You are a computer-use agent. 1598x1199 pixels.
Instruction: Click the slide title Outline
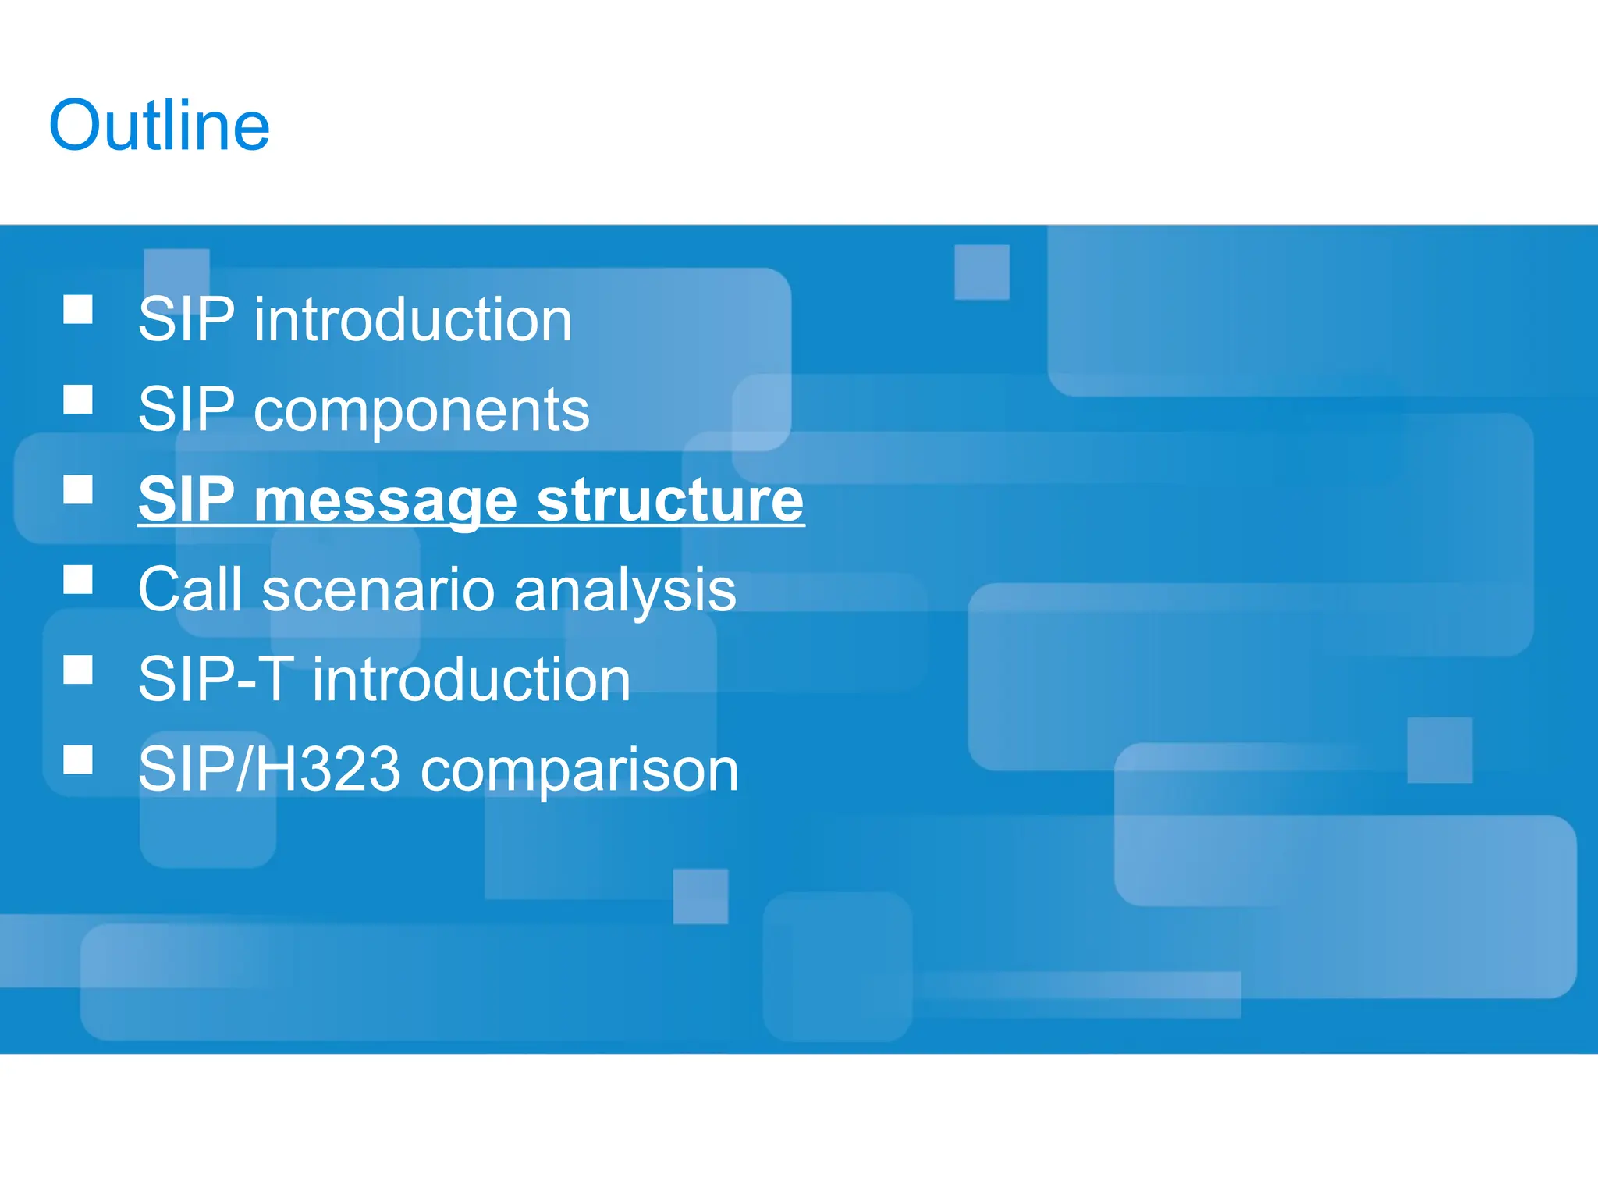(x=159, y=126)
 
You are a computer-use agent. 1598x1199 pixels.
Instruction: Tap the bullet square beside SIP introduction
(x=78, y=309)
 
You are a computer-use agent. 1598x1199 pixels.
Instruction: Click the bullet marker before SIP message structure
(x=78, y=489)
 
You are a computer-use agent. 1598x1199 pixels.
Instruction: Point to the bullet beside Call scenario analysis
(x=78, y=580)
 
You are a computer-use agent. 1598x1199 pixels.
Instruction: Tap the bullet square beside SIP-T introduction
(x=78, y=670)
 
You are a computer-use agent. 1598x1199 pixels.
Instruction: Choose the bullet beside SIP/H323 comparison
(x=78, y=760)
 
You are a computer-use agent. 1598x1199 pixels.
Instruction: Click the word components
(x=421, y=411)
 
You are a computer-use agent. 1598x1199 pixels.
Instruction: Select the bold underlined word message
(x=385, y=500)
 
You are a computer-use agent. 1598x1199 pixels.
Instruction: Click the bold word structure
(x=670, y=500)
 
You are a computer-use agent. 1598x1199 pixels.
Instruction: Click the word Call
(x=190, y=589)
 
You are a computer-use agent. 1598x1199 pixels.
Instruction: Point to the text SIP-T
(x=215, y=680)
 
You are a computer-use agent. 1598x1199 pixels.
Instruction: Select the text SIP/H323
(x=269, y=770)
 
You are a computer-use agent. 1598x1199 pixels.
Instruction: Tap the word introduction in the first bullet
(x=413, y=320)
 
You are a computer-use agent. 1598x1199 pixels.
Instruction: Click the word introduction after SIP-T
(x=471, y=680)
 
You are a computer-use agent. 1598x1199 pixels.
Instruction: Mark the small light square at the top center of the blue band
(x=982, y=272)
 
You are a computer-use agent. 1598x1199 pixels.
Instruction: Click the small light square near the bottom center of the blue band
(x=701, y=896)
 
